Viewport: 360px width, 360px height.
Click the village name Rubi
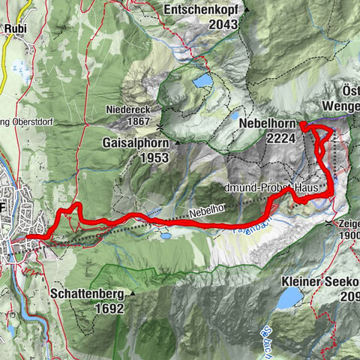pos(16,29)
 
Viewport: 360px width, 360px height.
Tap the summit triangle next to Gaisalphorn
pos(177,141)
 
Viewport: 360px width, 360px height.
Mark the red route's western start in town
pos(28,237)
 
